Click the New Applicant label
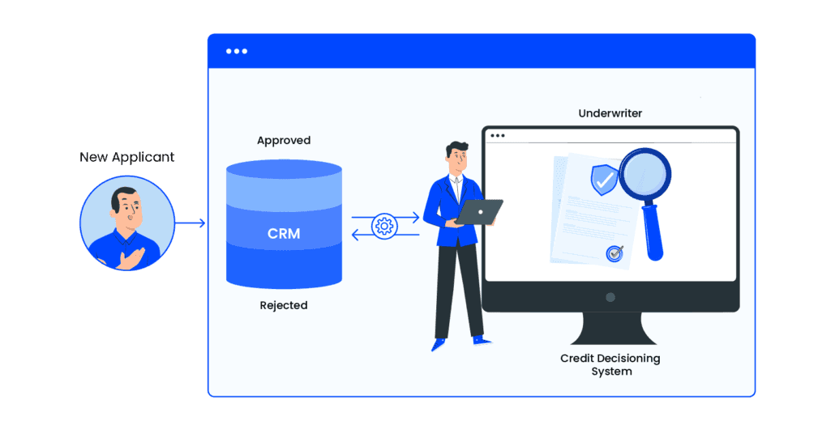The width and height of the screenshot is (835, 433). coord(126,157)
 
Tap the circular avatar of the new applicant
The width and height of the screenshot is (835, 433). coord(126,223)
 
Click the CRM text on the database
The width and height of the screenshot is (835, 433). coord(284,234)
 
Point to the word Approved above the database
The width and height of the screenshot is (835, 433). coord(284,141)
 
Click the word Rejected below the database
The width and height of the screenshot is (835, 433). coord(284,305)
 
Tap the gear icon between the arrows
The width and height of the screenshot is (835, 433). coord(385,226)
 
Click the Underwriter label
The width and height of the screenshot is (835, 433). coord(610,113)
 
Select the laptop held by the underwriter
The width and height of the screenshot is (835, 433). coord(478,212)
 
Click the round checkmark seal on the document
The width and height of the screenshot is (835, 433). coord(614,253)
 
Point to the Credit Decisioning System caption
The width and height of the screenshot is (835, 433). coord(610,364)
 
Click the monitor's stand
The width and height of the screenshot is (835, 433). coord(610,328)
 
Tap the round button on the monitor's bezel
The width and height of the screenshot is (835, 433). coord(610,297)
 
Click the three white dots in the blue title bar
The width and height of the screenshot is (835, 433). coord(237,51)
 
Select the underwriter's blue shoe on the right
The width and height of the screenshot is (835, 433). coord(481,339)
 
